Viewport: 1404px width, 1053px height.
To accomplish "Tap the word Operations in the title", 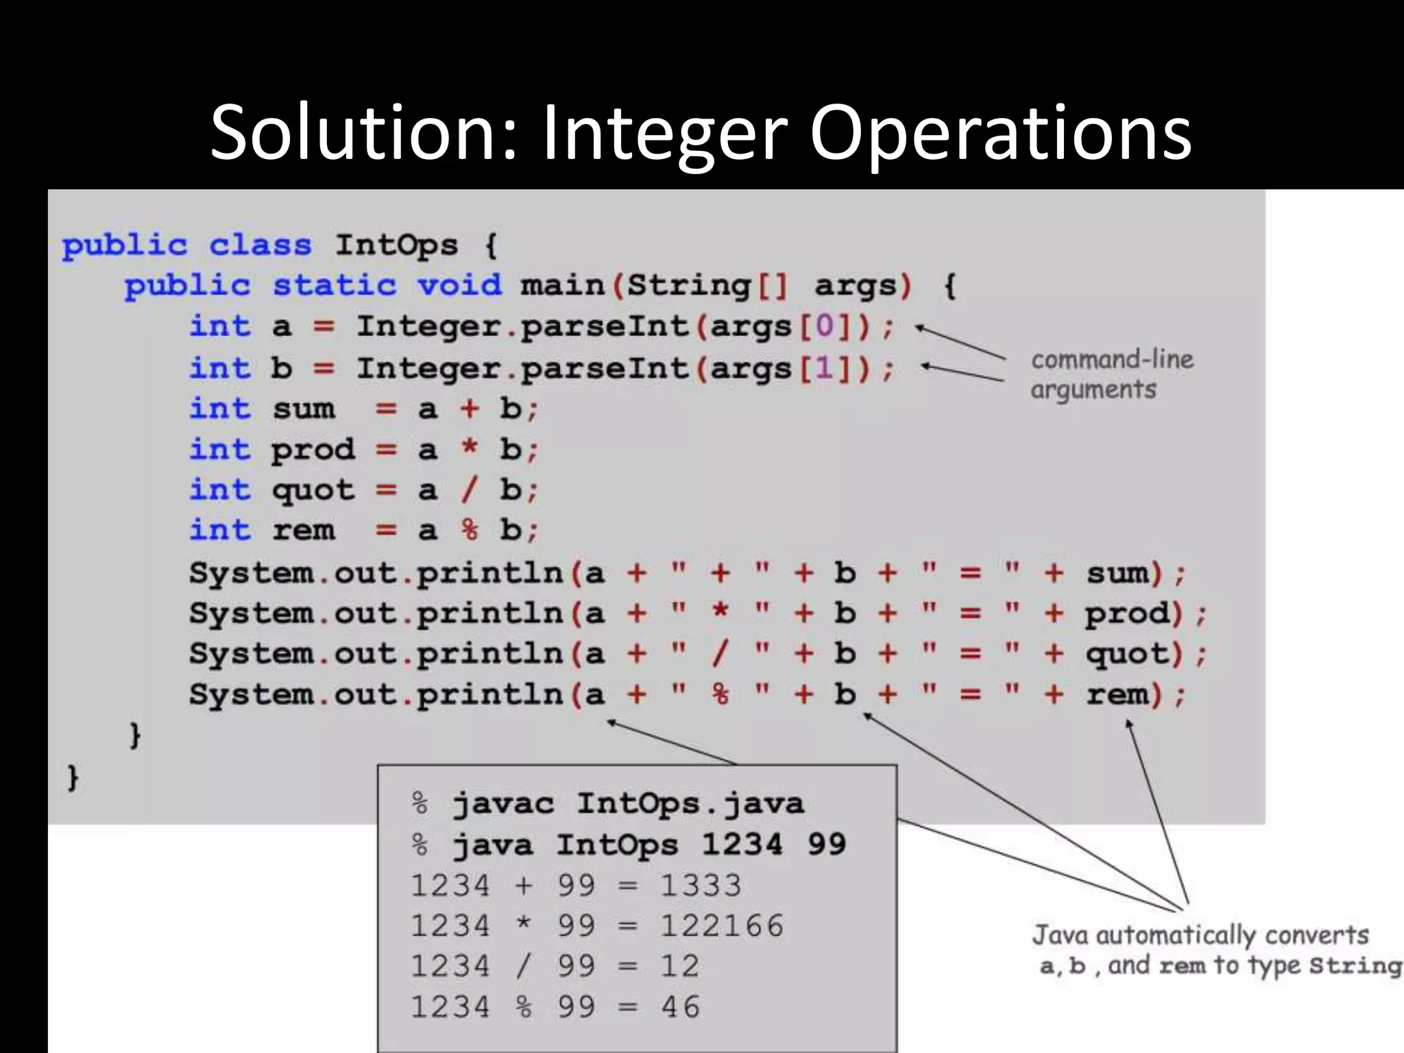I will click(x=1000, y=133).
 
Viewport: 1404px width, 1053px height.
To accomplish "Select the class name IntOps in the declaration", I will click(x=396, y=245).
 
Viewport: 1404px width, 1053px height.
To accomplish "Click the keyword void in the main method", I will click(x=459, y=285).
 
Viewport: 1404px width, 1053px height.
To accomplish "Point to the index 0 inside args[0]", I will click(x=825, y=326).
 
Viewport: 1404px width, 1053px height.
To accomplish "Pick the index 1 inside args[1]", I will click(x=825, y=369).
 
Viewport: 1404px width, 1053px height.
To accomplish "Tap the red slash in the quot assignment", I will click(x=469, y=489).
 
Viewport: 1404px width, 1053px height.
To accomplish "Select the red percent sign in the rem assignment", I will click(x=469, y=530).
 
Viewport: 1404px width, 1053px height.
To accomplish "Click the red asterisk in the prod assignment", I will click(x=469, y=449).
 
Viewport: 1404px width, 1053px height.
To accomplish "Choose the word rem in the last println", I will click(x=1117, y=694).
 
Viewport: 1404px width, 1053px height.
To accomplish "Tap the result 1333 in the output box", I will click(x=701, y=885).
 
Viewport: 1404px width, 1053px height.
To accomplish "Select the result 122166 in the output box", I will click(x=721, y=925).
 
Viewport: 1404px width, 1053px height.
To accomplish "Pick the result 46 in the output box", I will click(x=680, y=1006).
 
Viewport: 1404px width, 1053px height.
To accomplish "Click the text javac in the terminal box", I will click(x=503, y=803).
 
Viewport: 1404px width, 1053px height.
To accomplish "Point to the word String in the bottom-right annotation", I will click(x=1355, y=965).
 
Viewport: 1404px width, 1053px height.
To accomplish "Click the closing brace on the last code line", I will click(x=73, y=778).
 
